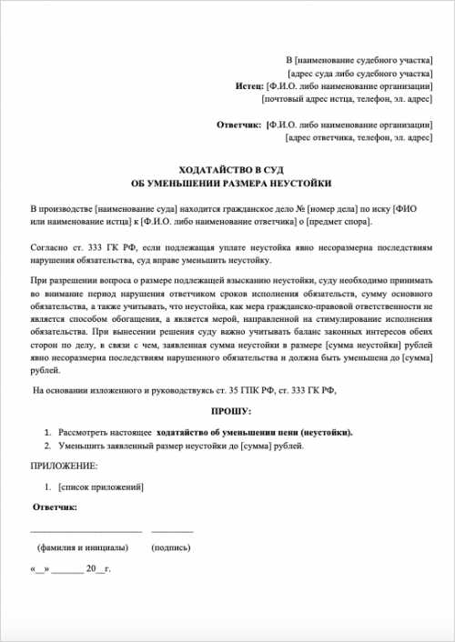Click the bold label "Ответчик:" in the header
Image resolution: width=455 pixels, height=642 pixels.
pyautogui.click(x=239, y=124)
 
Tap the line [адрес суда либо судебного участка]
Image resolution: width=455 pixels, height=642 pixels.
pyautogui.click(x=359, y=72)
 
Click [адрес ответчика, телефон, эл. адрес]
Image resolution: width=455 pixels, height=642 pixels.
pyautogui.click(x=358, y=137)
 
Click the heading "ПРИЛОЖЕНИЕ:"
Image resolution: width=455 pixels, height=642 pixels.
pyautogui.click(x=65, y=466)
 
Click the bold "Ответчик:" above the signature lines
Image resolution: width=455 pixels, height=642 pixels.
pyautogui.click(x=55, y=506)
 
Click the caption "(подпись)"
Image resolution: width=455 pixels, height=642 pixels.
pyautogui.click(x=172, y=548)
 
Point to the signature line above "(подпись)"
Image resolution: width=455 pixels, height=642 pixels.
pyautogui.click(x=172, y=530)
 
